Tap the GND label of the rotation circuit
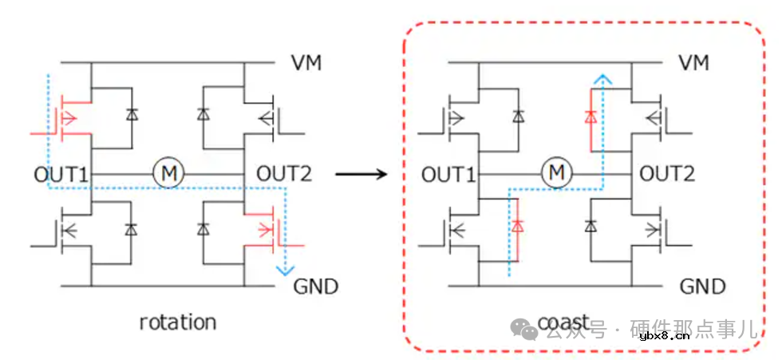pyautogui.click(x=317, y=285)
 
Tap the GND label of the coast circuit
pyautogui.click(x=703, y=286)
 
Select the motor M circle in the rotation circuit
pyautogui.click(x=168, y=172)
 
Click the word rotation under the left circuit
pyautogui.click(x=178, y=322)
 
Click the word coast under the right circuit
pyautogui.click(x=563, y=322)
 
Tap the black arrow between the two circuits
pyautogui.click(x=364, y=172)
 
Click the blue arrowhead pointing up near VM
pyautogui.click(x=605, y=77)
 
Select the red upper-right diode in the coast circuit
pyautogui.click(x=590, y=117)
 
